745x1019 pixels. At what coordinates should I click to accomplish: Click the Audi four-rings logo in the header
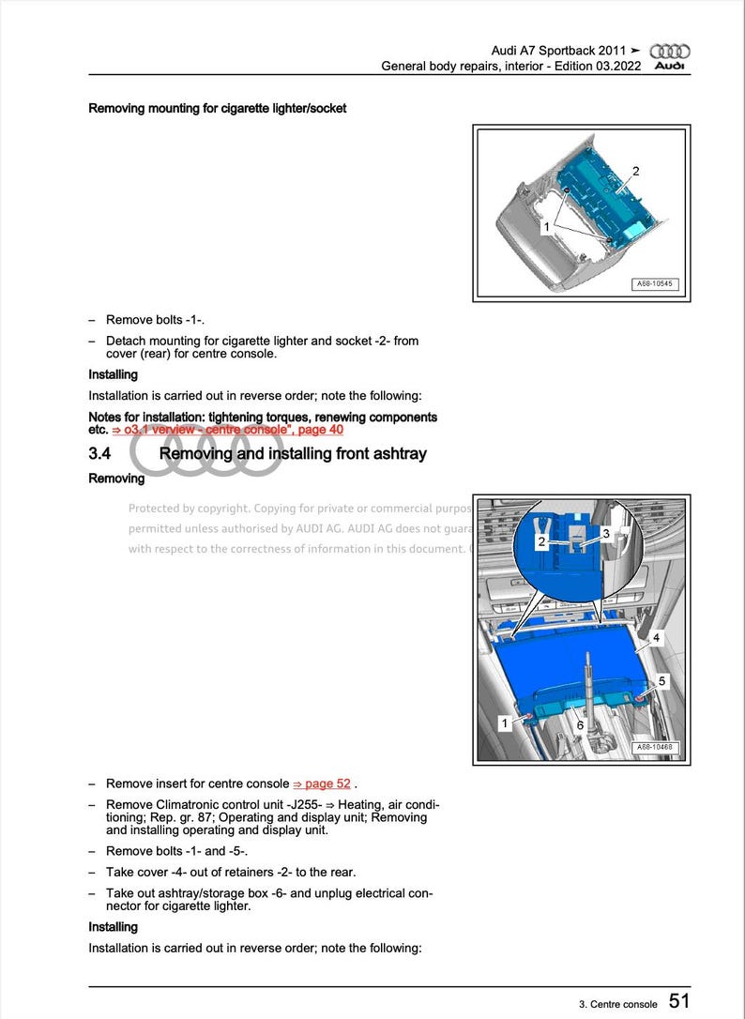coord(670,51)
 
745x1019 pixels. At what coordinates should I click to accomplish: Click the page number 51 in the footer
coord(679,1001)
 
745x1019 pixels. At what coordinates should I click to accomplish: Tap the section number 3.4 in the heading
coord(100,454)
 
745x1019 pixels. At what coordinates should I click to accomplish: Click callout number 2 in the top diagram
coord(635,171)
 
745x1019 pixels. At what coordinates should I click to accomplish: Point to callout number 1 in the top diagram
coord(547,227)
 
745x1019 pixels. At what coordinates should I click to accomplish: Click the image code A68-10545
coord(654,284)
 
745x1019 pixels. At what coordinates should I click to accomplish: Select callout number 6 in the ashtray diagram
coord(580,725)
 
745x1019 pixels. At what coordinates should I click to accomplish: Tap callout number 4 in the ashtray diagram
coord(656,638)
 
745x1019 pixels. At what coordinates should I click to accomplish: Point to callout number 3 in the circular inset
coord(605,533)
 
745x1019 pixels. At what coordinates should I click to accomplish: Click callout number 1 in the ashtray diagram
coord(504,723)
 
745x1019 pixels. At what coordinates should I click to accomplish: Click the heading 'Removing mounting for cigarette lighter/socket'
coord(217,109)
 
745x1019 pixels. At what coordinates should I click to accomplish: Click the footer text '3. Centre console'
coord(617,1004)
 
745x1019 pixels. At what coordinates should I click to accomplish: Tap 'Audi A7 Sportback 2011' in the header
coord(558,50)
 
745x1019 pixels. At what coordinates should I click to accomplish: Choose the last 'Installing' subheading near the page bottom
coord(113,927)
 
